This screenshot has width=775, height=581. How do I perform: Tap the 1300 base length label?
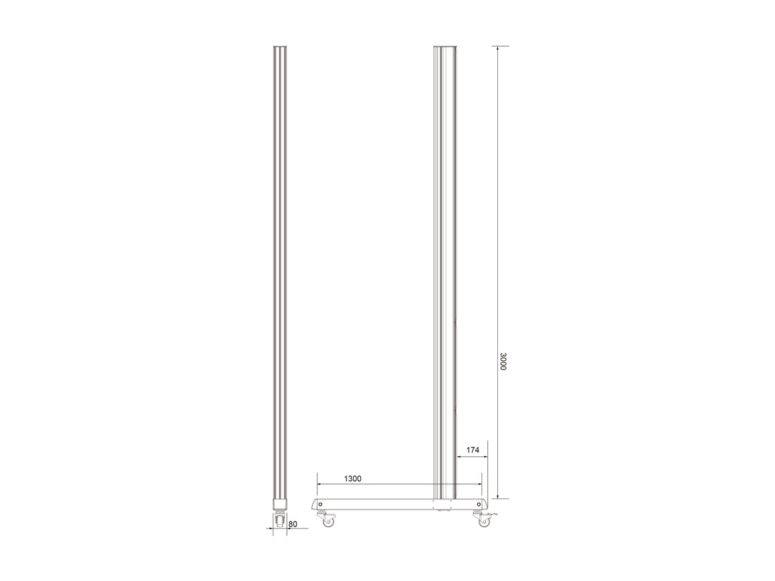(352, 478)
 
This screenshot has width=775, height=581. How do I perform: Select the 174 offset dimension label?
(473, 450)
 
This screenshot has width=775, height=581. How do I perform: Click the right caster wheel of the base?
(482, 521)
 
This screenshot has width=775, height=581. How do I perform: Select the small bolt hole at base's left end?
(320, 504)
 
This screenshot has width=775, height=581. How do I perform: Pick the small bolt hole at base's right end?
(478, 504)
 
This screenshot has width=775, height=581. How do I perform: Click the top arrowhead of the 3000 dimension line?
(498, 49)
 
